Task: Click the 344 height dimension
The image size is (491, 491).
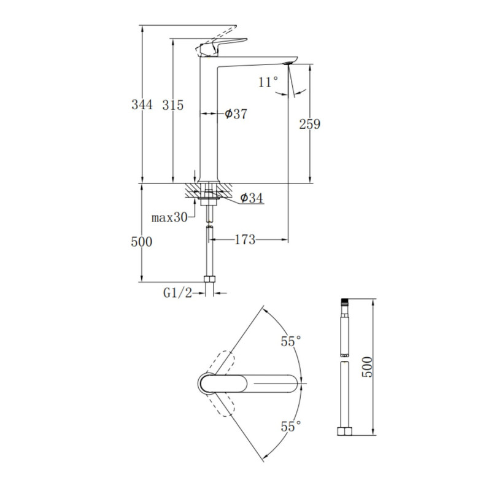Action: (x=142, y=104)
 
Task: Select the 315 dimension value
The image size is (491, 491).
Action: (x=172, y=105)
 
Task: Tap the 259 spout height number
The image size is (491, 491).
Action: (x=310, y=125)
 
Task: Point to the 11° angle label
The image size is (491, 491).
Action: (x=268, y=82)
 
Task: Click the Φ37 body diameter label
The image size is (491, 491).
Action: (x=236, y=114)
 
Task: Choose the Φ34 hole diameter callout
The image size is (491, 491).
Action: (x=252, y=198)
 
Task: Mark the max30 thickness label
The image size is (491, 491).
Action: (x=169, y=217)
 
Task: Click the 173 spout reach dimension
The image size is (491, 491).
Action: (x=245, y=240)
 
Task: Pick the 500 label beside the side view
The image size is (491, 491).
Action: (x=142, y=242)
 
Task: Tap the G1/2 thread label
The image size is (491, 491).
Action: (x=177, y=293)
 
